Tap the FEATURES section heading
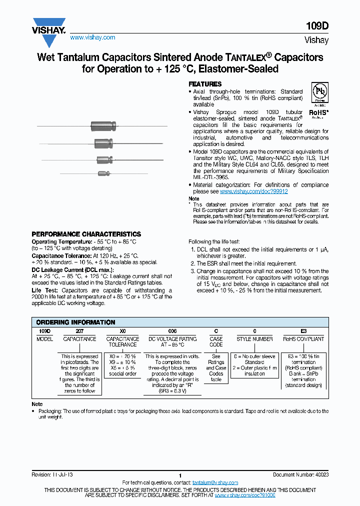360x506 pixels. [204, 84]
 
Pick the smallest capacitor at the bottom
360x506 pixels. [103, 173]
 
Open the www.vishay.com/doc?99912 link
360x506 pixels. [253, 191]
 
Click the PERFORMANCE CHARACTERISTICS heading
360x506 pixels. [86, 234]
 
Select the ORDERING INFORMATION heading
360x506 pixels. [75, 322]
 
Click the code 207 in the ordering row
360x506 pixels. [79, 331]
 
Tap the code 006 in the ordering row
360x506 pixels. [171, 331]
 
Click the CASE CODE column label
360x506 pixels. [216, 341]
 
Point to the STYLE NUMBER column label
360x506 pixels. [254, 339]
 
